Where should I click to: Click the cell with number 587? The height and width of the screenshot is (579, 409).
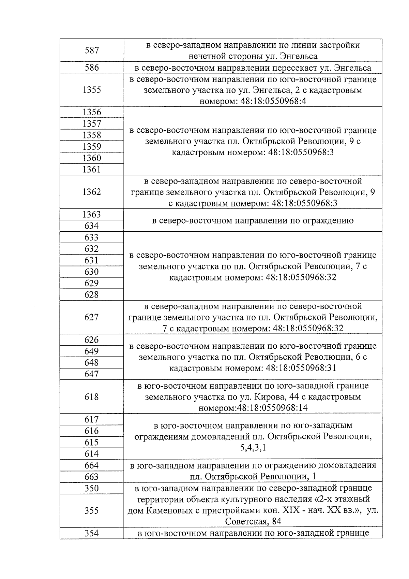(92, 50)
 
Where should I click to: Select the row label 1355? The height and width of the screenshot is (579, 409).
(92, 90)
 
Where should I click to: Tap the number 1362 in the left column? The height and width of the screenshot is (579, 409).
(92, 192)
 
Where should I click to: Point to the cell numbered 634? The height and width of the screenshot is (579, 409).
(92, 226)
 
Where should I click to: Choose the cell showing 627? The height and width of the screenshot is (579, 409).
(92, 317)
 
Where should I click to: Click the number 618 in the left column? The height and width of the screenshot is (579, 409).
(92, 397)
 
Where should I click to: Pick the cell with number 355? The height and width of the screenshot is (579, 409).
(92, 510)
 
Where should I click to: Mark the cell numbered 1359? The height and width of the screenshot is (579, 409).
(92, 147)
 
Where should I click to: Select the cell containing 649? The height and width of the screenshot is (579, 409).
(92, 351)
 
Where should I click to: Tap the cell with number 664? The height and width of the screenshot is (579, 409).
(92, 465)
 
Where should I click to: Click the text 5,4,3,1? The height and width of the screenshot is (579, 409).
(253, 447)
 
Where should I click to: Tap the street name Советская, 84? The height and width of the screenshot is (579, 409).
(253, 522)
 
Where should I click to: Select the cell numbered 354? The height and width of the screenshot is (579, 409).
(92, 533)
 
